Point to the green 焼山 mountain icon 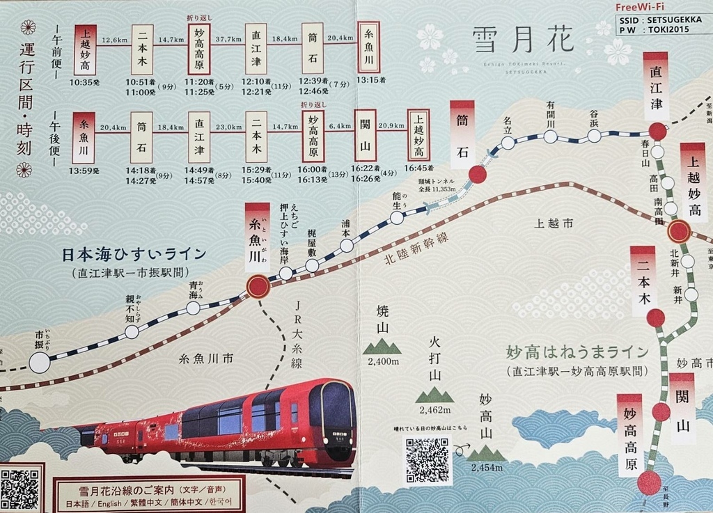(382, 346)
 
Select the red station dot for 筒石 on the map (478, 175)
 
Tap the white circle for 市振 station (40, 362)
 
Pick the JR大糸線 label (296, 334)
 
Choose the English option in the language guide (110, 503)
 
